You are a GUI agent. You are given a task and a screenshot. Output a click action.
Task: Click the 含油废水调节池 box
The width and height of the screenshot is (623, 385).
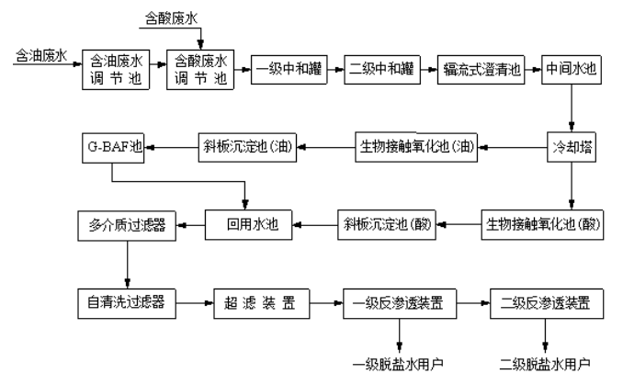pos(115,69)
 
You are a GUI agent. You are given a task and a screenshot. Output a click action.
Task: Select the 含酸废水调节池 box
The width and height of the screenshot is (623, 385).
pos(199,69)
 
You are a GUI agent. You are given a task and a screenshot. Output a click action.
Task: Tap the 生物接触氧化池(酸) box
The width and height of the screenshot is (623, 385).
pos(542,222)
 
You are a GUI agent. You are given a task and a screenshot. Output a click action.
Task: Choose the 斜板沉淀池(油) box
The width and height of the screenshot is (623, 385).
pos(248,144)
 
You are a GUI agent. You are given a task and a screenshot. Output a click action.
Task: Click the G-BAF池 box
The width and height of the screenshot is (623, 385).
pos(113,144)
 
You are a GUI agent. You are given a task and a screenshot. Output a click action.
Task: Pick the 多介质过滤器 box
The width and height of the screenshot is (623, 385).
pos(126,222)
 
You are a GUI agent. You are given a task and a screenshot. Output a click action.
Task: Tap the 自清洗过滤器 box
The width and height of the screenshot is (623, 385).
pos(126,300)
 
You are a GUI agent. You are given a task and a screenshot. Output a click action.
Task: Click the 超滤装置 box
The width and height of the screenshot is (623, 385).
pos(261,300)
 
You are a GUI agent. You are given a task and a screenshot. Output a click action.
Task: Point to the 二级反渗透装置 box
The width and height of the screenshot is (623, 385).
pos(546,300)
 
